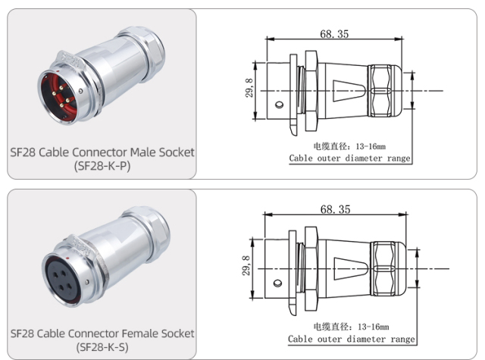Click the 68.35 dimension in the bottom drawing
pos(334,208)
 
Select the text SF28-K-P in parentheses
pos(102,166)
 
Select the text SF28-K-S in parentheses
pos(102,347)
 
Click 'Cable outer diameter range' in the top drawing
pos(349,158)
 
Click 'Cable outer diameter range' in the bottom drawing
pos(353,339)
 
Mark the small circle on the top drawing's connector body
pos(279,104)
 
